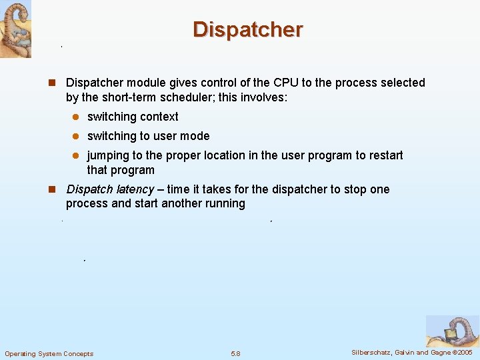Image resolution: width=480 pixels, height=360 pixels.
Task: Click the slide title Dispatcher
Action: pyautogui.click(x=248, y=29)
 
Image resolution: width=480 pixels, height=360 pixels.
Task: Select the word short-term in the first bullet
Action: pyautogui.click(x=115, y=97)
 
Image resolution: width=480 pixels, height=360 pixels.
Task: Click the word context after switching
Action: pyautogui.click(x=158, y=117)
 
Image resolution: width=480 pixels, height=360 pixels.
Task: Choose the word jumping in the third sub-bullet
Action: pyautogui.click(x=109, y=155)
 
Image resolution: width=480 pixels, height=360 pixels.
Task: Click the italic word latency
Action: pyautogui.click(x=133, y=189)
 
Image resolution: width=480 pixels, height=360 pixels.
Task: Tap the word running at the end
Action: pyautogui.click(x=225, y=203)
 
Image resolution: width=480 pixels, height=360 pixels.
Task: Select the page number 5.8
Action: pyautogui.click(x=235, y=353)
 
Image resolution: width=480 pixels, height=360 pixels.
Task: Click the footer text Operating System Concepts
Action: pyautogui.click(x=49, y=353)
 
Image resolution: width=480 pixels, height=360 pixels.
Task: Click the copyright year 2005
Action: pyautogui.click(x=465, y=352)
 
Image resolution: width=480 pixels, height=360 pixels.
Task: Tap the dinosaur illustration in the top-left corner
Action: pyautogui.click(x=15, y=29)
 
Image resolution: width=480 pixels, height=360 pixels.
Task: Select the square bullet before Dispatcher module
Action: pyautogui.click(x=51, y=83)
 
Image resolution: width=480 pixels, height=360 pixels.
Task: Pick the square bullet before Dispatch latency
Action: pyautogui.click(x=51, y=190)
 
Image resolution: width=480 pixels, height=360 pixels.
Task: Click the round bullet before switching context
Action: pyautogui.click(x=76, y=117)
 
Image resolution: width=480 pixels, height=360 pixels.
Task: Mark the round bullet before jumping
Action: pyautogui.click(x=76, y=156)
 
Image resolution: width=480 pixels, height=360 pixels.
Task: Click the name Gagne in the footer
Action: pyautogui.click(x=439, y=352)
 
